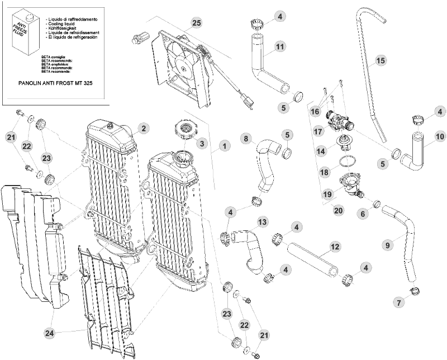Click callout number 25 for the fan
click(x=196, y=23)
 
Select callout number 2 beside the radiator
click(x=144, y=129)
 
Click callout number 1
click(x=223, y=146)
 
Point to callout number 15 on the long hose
click(x=381, y=60)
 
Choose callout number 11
click(x=280, y=48)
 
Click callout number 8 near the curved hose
click(x=245, y=138)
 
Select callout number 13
click(x=262, y=222)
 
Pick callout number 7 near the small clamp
click(x=398, y=302)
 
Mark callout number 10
click(x=439, y=136)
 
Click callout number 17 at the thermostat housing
click(x=319, y=132)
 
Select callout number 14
click(x=321, y=151)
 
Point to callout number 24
click(x=50, y=333)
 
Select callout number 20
click(x=337, y=211)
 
